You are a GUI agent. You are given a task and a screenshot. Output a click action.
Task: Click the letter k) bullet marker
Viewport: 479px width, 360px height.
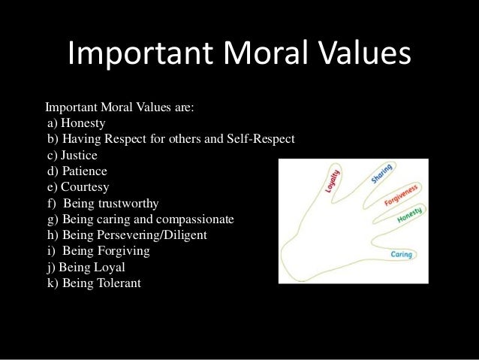pyautogui.click(x=52, y=283)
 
